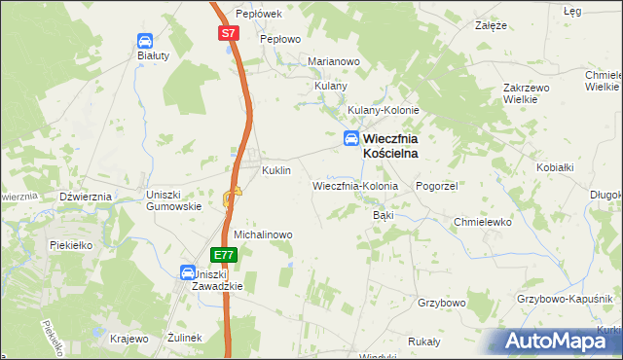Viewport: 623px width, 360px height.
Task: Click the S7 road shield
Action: click(x=228, y=33)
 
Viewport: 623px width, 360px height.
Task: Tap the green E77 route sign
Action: click(x=224, y=255)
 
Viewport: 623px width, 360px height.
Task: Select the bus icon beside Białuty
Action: click(x=144, y=41)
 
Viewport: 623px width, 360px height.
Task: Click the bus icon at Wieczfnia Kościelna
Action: click(x=349, y=140)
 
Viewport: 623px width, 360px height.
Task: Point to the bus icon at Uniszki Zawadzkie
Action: click(x=188, y=274)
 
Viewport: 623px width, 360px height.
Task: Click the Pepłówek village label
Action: click(x=258, y=14)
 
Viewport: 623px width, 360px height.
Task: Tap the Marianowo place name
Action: click(x=334, y=61)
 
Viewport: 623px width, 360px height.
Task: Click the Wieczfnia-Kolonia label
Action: click(x=355, y=185)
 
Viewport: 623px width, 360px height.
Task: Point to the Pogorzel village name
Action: click(x=436, y=185)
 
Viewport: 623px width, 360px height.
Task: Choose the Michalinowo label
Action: click(x=263, y=234)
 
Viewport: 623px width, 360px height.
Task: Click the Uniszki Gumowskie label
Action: click(x=173, y=199)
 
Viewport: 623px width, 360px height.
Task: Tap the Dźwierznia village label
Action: click(x=86, y=196)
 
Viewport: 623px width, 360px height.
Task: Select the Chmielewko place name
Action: click(x=483, y=222)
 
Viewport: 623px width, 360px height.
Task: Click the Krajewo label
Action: click(x=129, y=338)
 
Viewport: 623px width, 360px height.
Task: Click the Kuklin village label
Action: click(x=276, y=170)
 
